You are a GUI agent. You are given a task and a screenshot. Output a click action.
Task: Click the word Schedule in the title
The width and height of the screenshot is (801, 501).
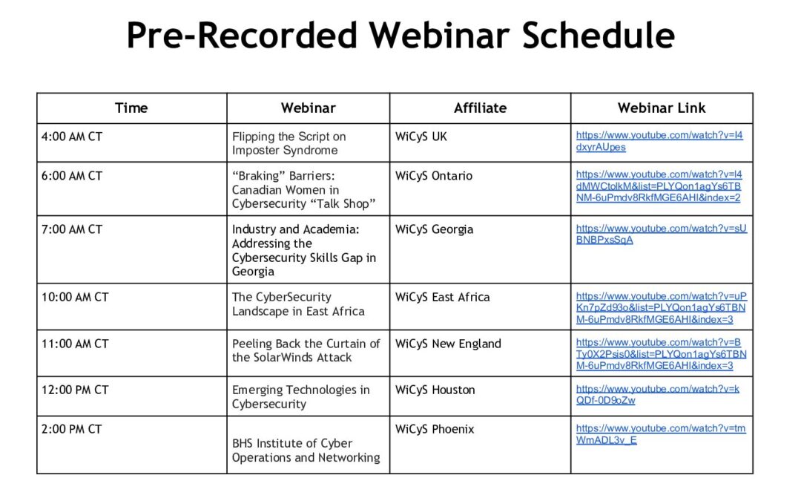[x=599, y=36]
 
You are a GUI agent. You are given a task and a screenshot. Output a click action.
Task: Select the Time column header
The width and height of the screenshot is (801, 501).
[x=131, y=108]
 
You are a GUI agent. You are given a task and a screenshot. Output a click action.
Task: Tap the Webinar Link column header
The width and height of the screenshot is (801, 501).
[x=662, y=108]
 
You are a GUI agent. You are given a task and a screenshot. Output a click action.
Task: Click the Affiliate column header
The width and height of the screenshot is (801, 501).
[x=480, y=108]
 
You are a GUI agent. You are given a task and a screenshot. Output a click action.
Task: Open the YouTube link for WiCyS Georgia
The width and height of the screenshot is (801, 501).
[x=661, y=234]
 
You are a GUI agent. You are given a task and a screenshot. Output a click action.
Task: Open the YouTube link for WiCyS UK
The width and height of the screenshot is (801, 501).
[x=659, y=141]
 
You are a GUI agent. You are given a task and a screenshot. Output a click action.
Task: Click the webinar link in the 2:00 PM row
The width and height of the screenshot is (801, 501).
[x=661, y=434]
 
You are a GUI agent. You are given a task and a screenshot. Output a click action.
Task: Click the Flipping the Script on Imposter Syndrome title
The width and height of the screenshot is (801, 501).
[x=289, y=144]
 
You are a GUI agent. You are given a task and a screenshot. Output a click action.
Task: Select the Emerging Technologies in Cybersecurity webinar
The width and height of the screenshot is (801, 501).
[x=301, y=396]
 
